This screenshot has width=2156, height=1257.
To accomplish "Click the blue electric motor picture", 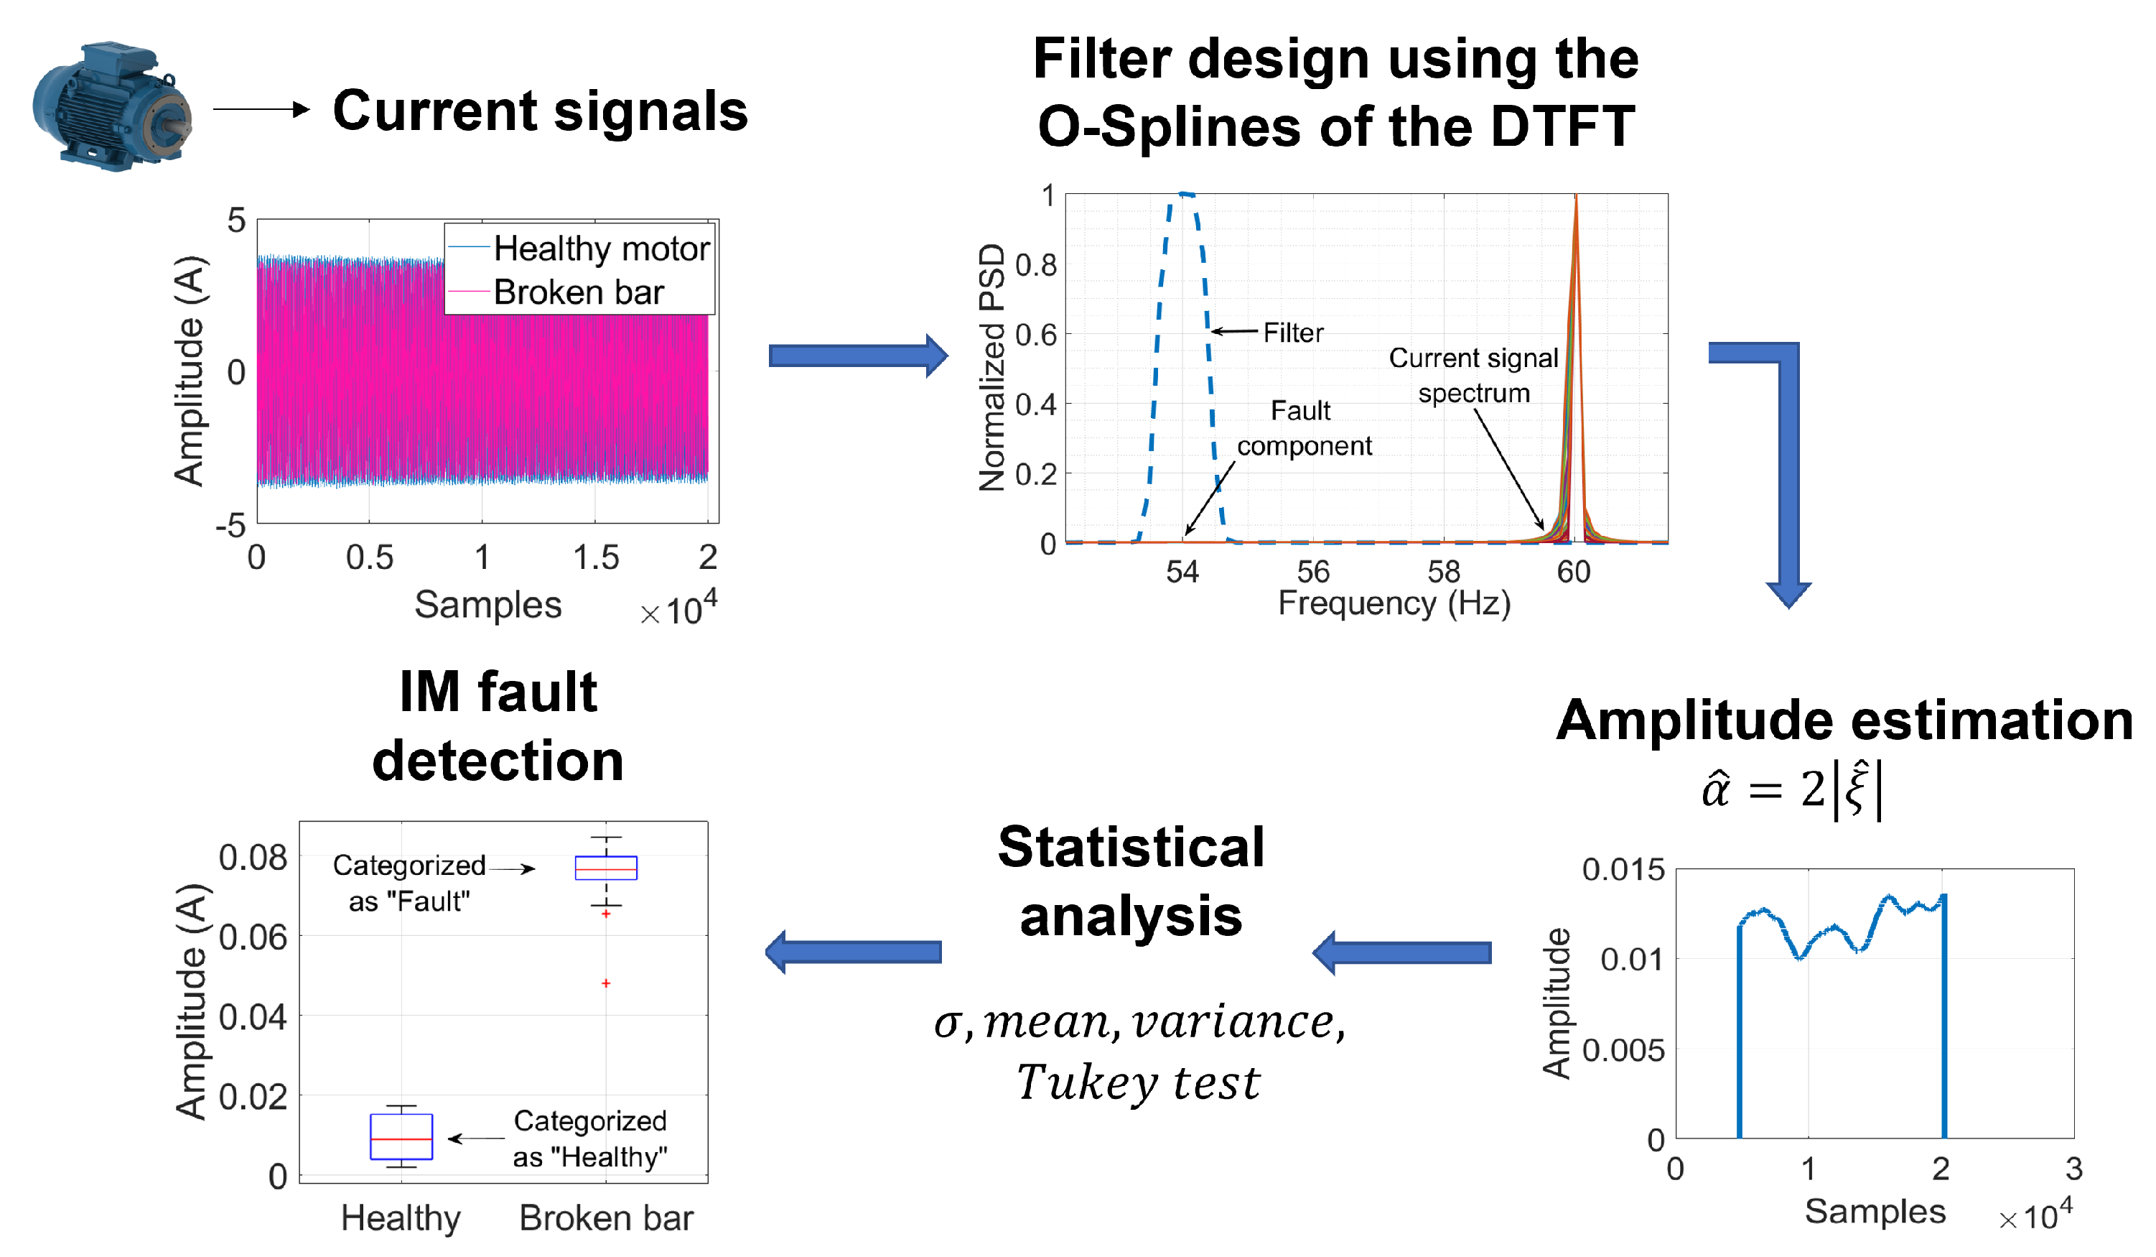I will (x=111, y=106).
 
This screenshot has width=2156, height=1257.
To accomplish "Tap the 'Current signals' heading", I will (x=540, y=111).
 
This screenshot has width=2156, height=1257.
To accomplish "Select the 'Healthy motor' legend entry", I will (x=601, y=249).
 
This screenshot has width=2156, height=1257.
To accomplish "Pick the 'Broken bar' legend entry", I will (x=579, y=292).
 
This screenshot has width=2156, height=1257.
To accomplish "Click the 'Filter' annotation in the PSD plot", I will (x=1293, y=333).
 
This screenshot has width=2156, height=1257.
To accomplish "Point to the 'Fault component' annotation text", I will (x=1303, y=428).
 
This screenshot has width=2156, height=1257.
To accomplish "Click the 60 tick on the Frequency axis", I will (x=1572, y=572).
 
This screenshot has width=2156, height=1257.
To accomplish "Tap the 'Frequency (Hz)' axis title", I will (x=1394, y=603).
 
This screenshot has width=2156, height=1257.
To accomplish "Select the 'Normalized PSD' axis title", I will (x=991, y=367).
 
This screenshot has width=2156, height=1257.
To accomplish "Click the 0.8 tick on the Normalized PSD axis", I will (x=1035, y=265).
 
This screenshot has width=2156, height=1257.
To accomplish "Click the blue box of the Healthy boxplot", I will (x=401, y=1136).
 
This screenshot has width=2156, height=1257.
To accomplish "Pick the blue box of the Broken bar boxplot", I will (x=606, y=868).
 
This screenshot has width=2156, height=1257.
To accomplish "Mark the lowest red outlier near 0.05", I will (x=606, y=983).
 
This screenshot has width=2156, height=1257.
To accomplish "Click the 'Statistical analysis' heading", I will (x=1130, y=881).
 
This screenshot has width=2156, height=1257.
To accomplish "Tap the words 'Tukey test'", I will (x=1138, y=1082).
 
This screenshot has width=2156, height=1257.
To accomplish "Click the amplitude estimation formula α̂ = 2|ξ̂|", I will (x=1793, y=789).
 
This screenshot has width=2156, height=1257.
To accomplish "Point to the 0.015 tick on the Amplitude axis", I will (x=1622, y=871).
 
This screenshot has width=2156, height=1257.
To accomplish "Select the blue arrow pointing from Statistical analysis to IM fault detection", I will (x=853, y=952).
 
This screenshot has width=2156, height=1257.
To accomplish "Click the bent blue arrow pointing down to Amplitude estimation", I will (x=1784, y=470).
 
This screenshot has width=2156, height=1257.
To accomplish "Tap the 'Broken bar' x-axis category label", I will (x=606, y=1217).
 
